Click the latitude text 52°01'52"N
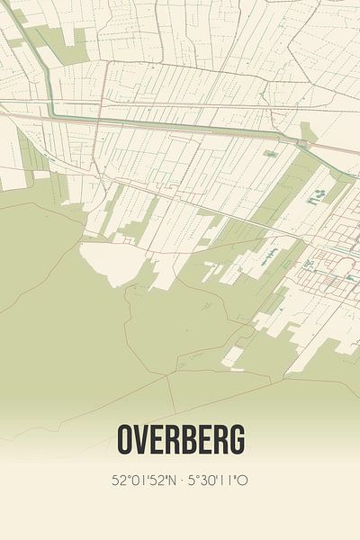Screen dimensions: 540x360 pyautogui.click(x=145, y=481)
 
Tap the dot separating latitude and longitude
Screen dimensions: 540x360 pyautogui.click(x=183, y=481)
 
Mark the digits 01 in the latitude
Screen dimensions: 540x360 pyautogui.click(x=135, y=481)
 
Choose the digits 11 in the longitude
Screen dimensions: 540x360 pyautogui.click(x=226, y=481)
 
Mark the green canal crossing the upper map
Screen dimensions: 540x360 pyautogui.click(x=180, y=125)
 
